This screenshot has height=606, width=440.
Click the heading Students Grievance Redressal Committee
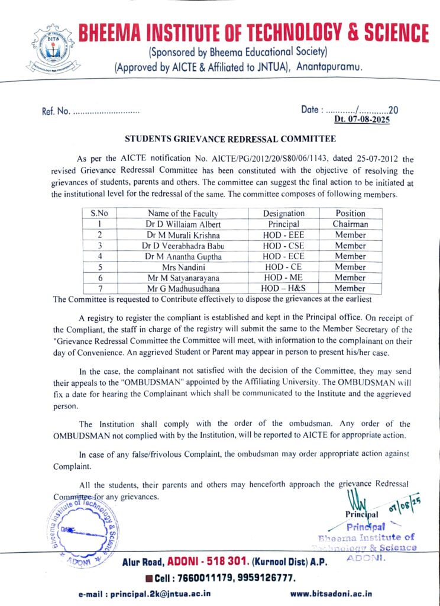pos(231,140)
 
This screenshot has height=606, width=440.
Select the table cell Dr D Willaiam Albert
pos(183,224)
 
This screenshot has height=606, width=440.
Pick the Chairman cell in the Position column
pos(350,224)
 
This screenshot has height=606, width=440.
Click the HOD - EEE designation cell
pos(284,235)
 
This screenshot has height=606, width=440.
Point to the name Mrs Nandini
pos(183,267)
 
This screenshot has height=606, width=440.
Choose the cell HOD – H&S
pos(284,288)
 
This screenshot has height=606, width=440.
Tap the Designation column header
pos(284,214)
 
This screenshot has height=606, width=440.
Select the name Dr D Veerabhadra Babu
pos(183,246)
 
